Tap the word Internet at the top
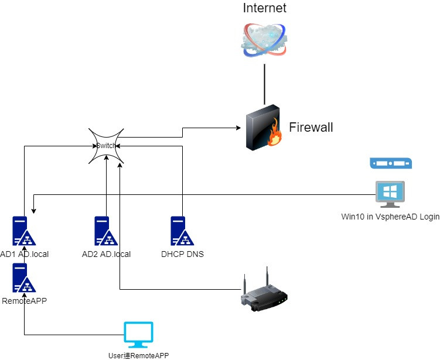[265, 8]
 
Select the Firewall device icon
[264, 128]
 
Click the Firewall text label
[311, 127]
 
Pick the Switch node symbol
[106, 146]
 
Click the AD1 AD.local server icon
[24, 232]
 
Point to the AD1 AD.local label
[25, 254]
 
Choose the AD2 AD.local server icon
[106, 232]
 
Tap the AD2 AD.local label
[106, 254]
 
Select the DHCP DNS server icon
[182, 232]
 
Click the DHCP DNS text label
[182, 254]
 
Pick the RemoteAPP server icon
[24, 279]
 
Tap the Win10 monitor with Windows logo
[390, 194]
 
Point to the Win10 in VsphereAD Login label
[390, 217]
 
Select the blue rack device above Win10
[391, 163]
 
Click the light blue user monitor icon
[138, 335]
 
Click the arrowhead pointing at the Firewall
[240, 127]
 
